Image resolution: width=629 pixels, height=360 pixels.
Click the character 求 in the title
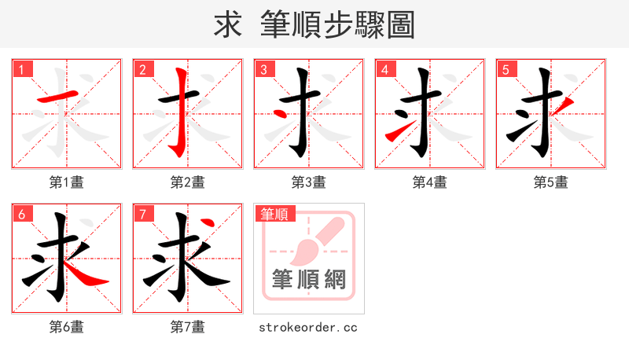228,25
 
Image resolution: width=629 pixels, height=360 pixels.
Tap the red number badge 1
21,69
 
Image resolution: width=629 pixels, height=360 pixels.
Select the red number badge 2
142,69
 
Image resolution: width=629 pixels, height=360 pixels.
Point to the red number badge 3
263,69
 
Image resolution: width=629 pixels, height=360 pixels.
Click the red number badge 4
384,69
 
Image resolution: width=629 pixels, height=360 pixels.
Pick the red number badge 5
506,69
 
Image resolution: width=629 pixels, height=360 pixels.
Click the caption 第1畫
66,182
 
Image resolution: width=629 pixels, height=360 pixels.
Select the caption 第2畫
187,182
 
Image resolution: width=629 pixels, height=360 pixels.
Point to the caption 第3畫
308,182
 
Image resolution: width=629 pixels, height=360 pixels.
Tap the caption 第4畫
429,182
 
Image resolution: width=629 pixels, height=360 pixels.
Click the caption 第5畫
550,182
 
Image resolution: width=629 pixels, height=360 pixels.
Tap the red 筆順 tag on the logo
274,214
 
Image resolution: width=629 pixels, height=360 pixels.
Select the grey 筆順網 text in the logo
309,279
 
